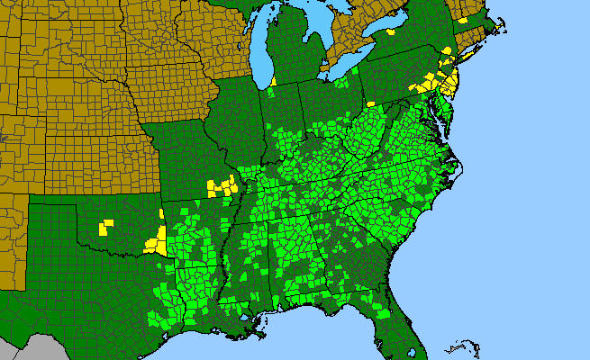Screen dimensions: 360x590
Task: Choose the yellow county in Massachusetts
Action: pyautogui.click(x=462, y=19)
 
